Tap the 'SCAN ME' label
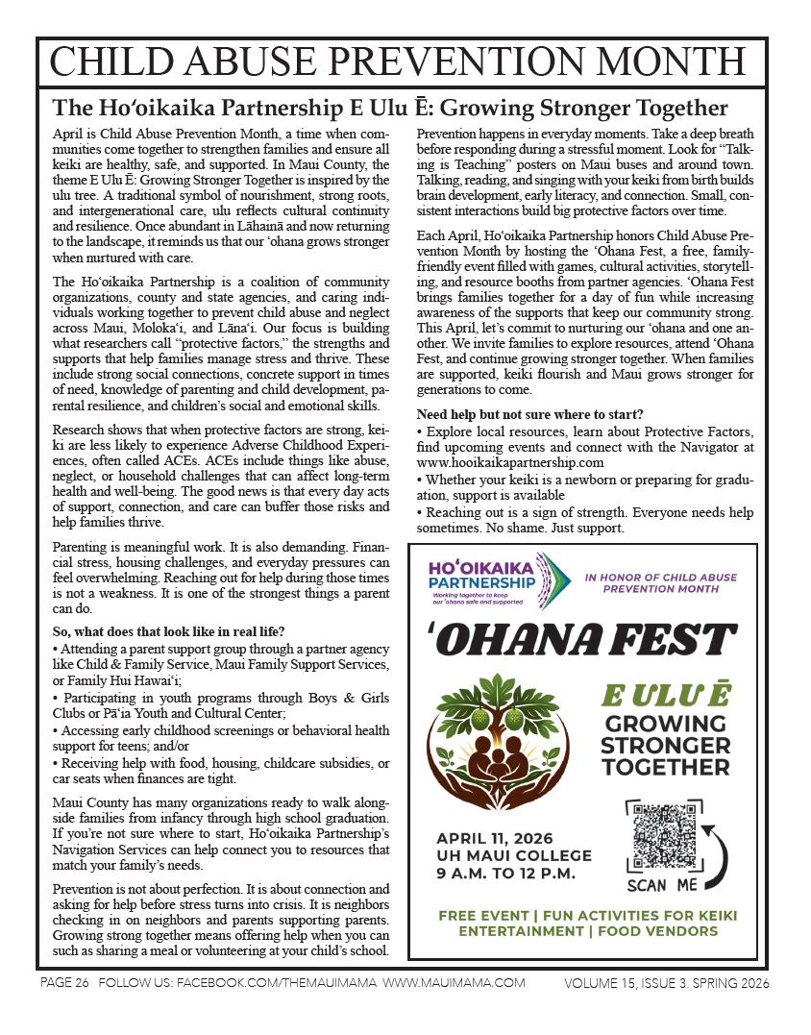point(662,885)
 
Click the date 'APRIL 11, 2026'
point(499,837)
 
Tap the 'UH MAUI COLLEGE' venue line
point(514,855)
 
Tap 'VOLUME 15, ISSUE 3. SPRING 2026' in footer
point(667,983)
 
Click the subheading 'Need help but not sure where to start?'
point(529,414)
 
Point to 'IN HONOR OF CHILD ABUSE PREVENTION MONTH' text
point(661,583)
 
